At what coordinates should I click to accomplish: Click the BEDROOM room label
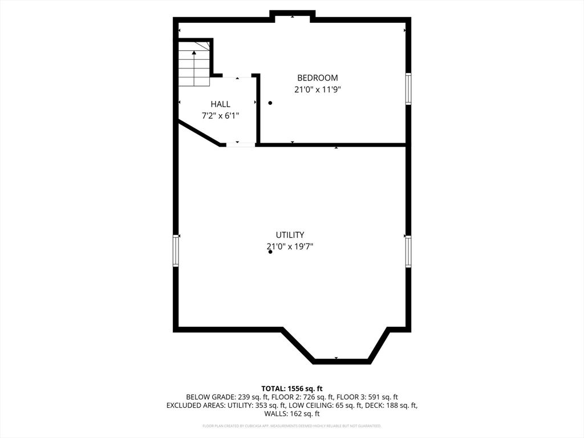(317, 78)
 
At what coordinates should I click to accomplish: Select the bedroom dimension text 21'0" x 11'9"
(317, 90)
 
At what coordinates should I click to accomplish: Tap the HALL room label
(220, 104)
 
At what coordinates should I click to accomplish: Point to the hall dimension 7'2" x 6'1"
(220, 116)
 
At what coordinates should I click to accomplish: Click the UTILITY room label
(290, 234)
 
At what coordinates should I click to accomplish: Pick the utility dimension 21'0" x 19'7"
(290, 247)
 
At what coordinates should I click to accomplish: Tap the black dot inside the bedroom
(270, 103)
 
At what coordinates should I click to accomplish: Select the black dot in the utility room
(270, 252)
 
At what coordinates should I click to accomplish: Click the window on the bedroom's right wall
(408, 88)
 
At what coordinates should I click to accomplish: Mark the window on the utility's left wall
(176, 252)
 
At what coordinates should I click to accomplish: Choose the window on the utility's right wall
(408, 252)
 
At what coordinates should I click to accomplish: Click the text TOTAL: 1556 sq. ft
(291, 388)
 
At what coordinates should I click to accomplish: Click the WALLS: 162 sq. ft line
(291, 414)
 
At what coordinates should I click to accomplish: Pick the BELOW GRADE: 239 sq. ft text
(219, 397)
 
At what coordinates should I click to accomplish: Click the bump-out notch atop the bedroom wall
(292, 15)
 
